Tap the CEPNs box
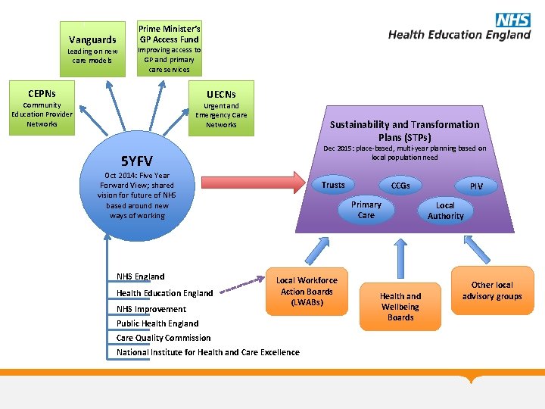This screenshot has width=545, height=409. tap(42, 108)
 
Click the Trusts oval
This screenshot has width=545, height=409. tap(333, 186)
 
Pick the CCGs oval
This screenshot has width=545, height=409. tap(400, 186)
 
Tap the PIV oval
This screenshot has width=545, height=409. tap(476, 186)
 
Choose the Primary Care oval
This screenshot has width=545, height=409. tap(366, 210)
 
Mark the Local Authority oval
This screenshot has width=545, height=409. tap(445, 211)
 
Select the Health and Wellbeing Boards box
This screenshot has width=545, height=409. tap(400, 306)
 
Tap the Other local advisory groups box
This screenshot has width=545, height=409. tap(492, 290)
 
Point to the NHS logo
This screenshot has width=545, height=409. tap(512, 20)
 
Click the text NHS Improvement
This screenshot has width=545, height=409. tap(151, 309)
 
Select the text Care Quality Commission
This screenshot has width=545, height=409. tap(163, 338)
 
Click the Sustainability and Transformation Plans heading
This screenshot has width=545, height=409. tap(404, 130)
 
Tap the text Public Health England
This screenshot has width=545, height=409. tap(157, 323)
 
